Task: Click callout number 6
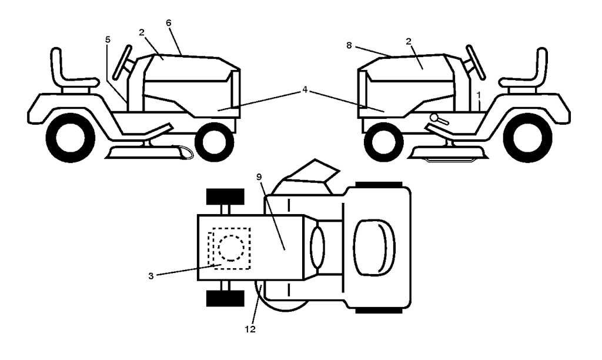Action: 169,23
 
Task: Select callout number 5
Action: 108,39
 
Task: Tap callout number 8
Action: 349,45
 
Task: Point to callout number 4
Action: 305,90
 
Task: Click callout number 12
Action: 250,329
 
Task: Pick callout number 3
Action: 151,276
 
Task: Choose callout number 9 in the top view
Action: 259,176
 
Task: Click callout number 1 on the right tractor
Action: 479,94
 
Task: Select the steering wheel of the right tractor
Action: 476,62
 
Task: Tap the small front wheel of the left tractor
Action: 215,142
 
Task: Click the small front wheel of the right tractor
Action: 383,142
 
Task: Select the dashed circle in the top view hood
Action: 230,248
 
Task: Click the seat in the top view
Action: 374,248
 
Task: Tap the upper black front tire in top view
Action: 225,196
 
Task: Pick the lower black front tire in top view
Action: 225,298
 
